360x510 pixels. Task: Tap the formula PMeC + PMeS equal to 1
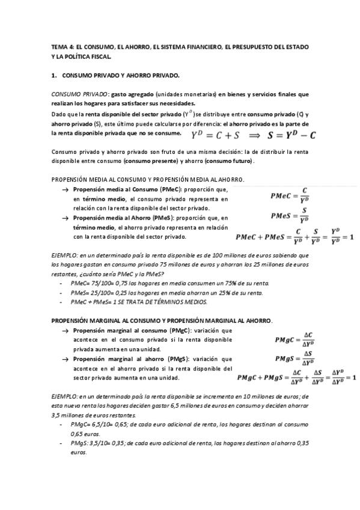pyautogui.click(x=294, y=236)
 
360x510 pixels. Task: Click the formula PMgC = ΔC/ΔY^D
pyautogui.click(x=295, y=340)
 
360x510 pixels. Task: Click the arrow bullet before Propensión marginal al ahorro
pyautogui.click(x=65, y=359)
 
